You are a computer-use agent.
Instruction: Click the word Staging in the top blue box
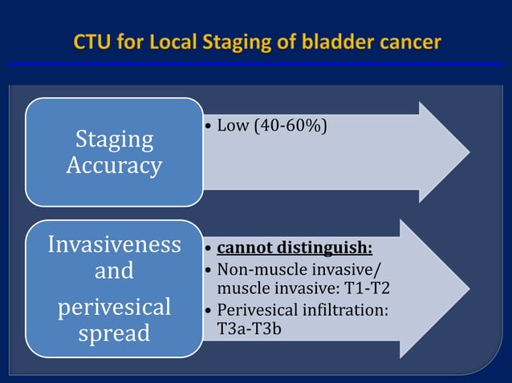click(x=114, y=139)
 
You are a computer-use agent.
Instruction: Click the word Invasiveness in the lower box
click(x=114, y=244)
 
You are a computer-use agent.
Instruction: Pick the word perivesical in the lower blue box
click(x=114, y=307)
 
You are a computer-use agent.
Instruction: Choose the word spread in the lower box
click(x=114, y=333)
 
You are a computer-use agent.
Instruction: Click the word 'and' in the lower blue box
click(x=114, y=271)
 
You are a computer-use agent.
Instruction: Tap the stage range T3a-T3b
click(x=250, y=328)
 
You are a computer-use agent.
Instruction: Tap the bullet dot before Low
click(x=208, y=127)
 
